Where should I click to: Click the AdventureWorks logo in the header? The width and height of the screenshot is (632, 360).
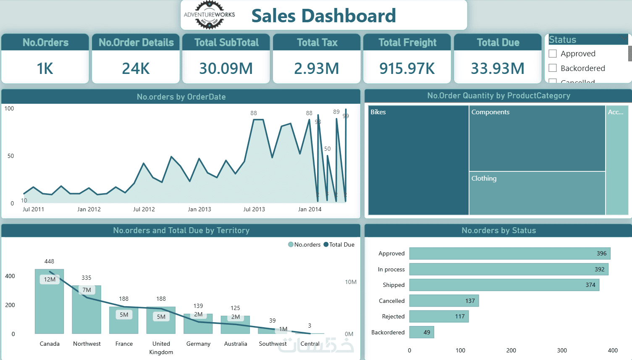click(x=209, y=15)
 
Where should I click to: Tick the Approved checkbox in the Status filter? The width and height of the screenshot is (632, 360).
click(x=553, y=53)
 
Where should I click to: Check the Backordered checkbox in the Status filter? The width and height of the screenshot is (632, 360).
click(x=553, y=68)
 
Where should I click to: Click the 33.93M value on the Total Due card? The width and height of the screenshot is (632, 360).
click(x=498, y=68)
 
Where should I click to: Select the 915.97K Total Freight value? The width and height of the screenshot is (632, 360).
click(x=407, y=68)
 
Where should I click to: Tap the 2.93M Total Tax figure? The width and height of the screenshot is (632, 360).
click(x=317, y=68)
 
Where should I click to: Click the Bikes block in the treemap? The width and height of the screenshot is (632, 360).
click(x=418, y=160)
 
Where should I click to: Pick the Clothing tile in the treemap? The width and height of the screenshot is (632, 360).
click(x=537, y=193)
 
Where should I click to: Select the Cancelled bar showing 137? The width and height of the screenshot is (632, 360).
click(x=444, y=301)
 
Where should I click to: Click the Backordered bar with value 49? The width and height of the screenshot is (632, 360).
click(x=422, y=332)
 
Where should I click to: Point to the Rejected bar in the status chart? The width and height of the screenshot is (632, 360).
click(x=439, y=316)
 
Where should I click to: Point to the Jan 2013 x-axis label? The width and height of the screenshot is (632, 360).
click(x=199, y=209)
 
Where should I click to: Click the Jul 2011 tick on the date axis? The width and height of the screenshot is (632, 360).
click(x=33, y=209)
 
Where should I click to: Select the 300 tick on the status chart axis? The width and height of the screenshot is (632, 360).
click(x=562, y=350)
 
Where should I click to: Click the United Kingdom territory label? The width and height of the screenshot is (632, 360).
click(x=161, y=348)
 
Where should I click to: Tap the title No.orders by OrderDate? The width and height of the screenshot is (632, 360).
click(x=181, y=97)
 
